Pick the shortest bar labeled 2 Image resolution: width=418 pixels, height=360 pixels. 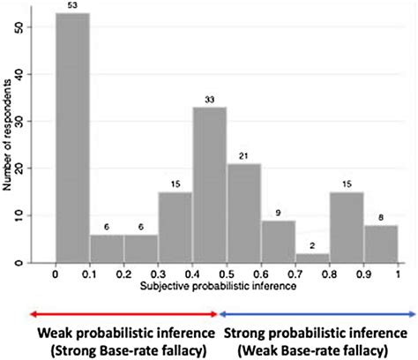pos(313,258)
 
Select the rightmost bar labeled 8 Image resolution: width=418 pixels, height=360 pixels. pos(381,244)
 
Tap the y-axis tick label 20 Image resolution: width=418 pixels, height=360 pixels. pos(33,169)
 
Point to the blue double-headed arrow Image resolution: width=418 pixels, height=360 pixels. pos(317,312)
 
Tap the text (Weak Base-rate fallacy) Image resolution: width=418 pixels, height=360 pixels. pos(318,349)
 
